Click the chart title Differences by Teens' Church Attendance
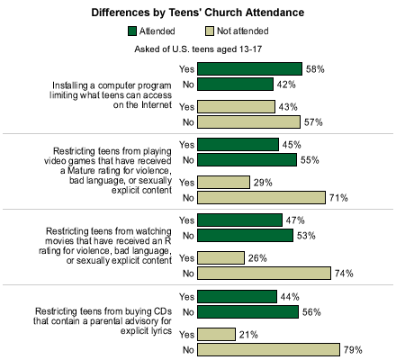[x=198, y=13]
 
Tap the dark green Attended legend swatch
[x=132, y=31]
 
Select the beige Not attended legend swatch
[x=210, y=31]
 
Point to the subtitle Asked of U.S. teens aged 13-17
[x=198, y=49]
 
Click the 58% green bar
[x=249, y=69]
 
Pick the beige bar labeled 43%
[x=236, y=107]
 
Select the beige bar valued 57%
[x=248, y=122]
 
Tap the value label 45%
[x=292, y=145]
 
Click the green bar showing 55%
[x=247, y=160]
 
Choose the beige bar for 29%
[x=223, y=183]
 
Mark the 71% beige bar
[x=261, y=198]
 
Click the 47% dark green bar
[x=239, y=220]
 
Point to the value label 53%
[x=306, y=236]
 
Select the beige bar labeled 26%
[x=220, y=258]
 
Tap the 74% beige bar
[x=264, y=274]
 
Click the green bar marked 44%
[x=237, y=297]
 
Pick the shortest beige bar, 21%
[x=216, y=335]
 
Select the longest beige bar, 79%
[x=268, y=350]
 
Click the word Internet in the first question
[x=157, y=105]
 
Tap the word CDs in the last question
[x=163, y=311]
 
